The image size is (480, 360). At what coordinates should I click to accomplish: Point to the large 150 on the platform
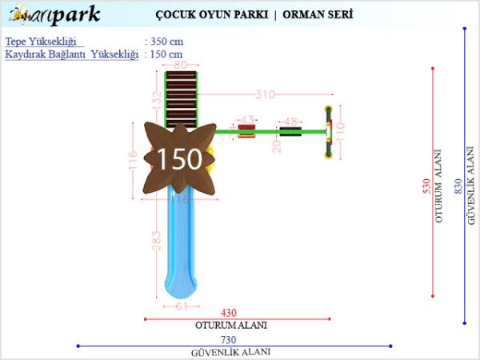point(178,158)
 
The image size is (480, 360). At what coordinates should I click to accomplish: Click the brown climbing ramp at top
point(181,99)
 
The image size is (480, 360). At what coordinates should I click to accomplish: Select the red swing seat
point(246,131)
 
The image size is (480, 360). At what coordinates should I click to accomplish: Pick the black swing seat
point(290,131)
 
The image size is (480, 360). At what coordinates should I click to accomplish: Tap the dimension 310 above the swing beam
point(265,94)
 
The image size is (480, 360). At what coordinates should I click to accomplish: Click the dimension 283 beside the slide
point(157,239)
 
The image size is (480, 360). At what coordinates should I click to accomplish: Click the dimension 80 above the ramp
point(181,65)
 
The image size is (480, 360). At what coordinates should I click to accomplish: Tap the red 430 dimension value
point(230,313)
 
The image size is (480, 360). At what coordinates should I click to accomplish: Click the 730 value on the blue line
point(230,340)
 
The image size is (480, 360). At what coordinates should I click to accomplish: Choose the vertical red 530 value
point(426,186)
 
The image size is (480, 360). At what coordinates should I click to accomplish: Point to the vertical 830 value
point(458,186)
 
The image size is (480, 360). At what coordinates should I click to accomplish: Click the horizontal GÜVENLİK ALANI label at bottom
point(230,352)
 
